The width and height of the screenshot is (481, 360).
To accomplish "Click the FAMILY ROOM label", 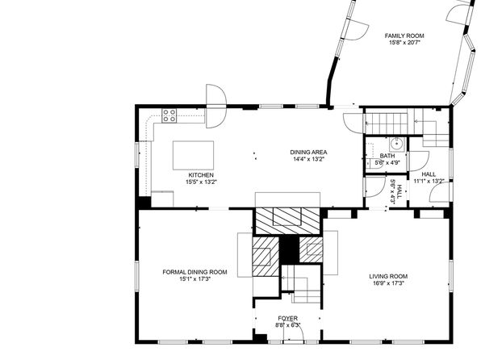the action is coord(404,36).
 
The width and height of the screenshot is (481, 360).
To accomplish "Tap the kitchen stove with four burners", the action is coord(169,115).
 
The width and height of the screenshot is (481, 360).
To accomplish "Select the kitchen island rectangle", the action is coord(193,155).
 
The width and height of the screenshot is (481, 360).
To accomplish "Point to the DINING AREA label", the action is coord(308,152).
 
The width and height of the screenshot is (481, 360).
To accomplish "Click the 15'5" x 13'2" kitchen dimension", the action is coord(201,182).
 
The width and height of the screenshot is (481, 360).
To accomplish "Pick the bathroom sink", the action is coord(398,144).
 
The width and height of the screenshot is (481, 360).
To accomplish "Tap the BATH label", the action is coord(387,156).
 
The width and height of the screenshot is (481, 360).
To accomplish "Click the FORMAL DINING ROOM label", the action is coord(194,272).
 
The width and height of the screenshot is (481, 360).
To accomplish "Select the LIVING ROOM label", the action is coord(388,276).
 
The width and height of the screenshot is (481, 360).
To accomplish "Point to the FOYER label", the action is coord(288,318).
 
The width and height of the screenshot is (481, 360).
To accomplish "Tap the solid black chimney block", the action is coord(289,249).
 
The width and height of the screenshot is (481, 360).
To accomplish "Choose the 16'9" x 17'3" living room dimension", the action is coord(388,283).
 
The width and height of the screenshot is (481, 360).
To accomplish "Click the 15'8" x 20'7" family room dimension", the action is coord(404,43).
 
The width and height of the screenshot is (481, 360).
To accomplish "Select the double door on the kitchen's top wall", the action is coord(216,107).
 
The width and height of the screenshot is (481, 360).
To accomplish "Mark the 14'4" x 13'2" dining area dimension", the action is coord(308,159).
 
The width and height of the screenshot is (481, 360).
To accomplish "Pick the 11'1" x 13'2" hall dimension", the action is coord(429,181).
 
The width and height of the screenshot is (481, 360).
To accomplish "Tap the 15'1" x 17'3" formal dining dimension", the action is coord(194,279).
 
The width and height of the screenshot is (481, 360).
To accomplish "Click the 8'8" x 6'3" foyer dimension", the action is coord(288,325).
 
